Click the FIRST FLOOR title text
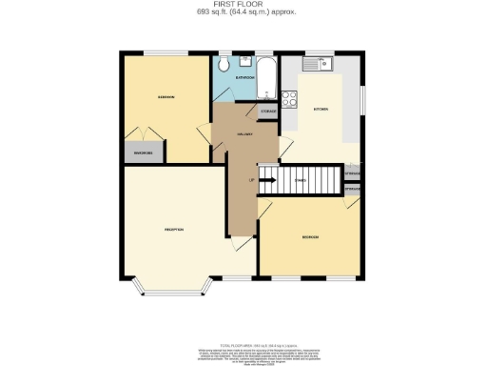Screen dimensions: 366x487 [243, 5]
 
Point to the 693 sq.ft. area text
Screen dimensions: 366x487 [243, 12]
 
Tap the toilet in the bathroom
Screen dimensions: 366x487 [222, 65]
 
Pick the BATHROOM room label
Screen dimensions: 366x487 [244, 78]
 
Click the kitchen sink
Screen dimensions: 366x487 [318, 64]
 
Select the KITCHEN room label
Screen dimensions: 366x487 [321, 110]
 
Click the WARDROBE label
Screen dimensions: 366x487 [143, 151]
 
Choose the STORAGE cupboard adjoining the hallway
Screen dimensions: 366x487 [269, 112]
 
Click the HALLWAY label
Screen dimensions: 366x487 [243, 135]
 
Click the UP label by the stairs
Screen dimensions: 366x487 [251, 179]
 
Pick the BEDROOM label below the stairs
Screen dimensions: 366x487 [310, 236]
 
